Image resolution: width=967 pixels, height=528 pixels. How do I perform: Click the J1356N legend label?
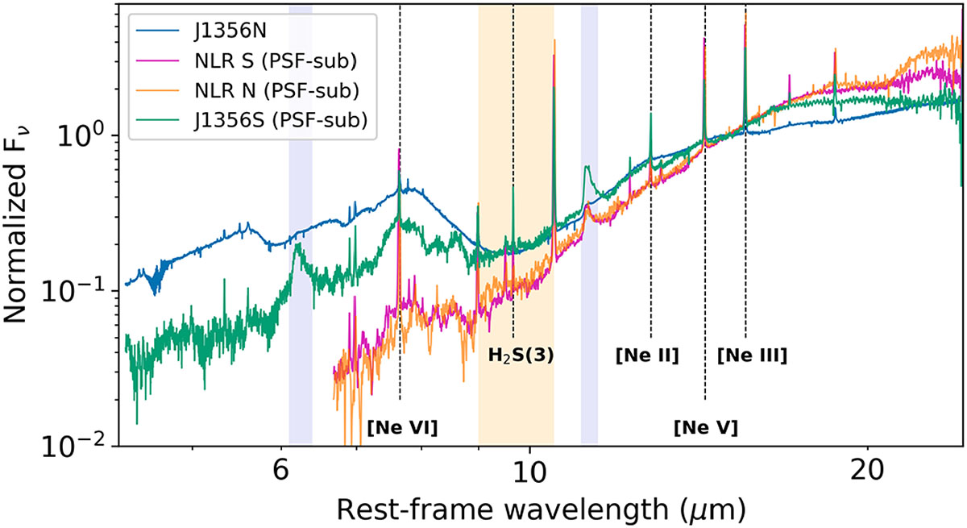[230, 31]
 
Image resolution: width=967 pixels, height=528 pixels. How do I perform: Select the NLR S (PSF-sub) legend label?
[276, 61]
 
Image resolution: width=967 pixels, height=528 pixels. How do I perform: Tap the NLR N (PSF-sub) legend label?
[276, 90]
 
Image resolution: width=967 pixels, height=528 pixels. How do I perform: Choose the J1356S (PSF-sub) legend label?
[280, 120]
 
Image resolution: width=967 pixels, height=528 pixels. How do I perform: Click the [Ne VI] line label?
[402, 428]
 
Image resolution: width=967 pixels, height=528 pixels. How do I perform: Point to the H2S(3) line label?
[521, 355]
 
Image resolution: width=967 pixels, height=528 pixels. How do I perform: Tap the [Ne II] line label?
[647, 355]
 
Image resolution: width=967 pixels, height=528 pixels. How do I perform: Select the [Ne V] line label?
[706, 428]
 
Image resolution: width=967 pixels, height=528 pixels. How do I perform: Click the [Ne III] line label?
[752, 355]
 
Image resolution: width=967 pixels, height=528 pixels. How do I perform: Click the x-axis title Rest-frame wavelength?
[542, 510]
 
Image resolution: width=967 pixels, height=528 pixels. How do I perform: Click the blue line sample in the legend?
[158, 31]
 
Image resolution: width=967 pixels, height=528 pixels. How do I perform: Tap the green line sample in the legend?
[158, 120]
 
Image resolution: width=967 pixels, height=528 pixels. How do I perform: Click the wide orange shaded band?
[516, 224]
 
